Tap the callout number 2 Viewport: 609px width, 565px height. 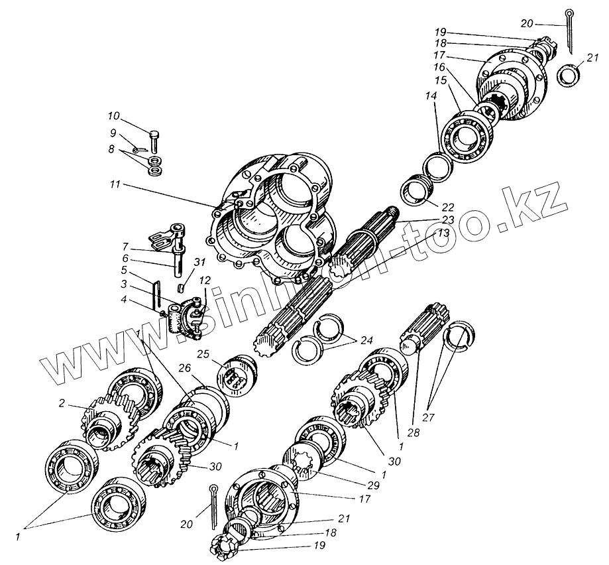pos(62,403)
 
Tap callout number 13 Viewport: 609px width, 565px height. pos(441,233)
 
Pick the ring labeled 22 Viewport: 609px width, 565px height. pos(417,192)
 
